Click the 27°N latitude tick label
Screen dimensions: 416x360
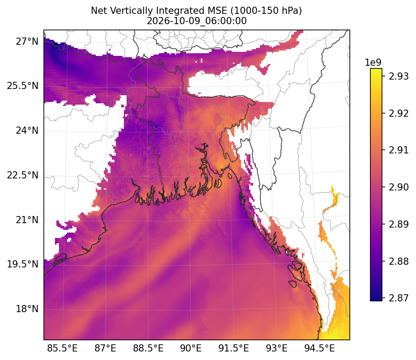pyautogui.click(x=27, y=42)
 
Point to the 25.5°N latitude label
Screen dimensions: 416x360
pyautogui.click(x=23, y=86)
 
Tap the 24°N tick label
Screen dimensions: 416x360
pyautogui.click(x=27, y=131)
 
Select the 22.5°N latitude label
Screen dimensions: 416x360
pyautogui.click(x=23, y=175)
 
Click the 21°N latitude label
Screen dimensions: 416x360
pyautogui.click(x=27, y=220)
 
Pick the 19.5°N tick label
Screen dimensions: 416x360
pyautogui.click(x=23, y=264)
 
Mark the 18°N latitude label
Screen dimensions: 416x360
pyautogui.click(x=27, y=309)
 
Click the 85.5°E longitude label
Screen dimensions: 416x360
pyautogui.click(x=62, y=348)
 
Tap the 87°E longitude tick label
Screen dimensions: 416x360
pyautogui.click(x=105, y=348)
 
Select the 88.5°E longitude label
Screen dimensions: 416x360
pyautogui.click(x=148, y=348)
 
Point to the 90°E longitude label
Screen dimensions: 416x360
pyautogui.click(x=191, y=348)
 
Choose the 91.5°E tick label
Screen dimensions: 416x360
pyautogui.click(x=234, y=348)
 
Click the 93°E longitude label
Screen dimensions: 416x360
pyautogui.click(x=277, y=348)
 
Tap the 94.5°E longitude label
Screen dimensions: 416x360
pyautogui.click(x=319, y=348)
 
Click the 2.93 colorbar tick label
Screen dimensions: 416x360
pyautogui.click(x=399, y=76)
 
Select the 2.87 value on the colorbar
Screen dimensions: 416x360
pyautogui.click(x=399, y=298)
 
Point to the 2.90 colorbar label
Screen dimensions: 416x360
pyautogui.click(x=399, y=187)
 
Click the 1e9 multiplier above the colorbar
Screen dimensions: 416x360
pyautogui.click(x=373, y=63)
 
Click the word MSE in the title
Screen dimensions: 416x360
pyautogui.click(x=219, y=11)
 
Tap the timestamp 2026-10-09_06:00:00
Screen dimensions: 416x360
pyautogui.click(x=196, y=21)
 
